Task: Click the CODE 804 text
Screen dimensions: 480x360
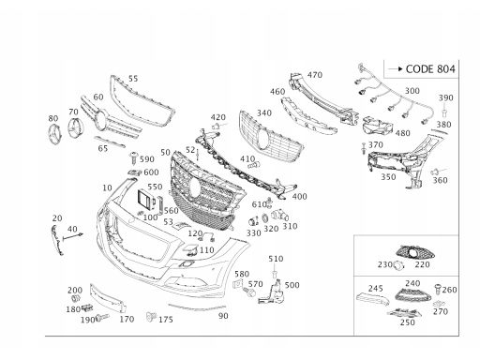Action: [x=430, y=69]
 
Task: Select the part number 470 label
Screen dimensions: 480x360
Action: [x=315, y=75]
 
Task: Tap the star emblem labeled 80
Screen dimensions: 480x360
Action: [x=55, y=134]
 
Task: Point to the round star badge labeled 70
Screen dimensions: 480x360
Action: [x=74, y=127]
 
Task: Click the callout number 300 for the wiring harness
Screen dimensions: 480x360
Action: [x=412, y=91]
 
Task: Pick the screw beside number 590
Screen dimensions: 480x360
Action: [x=134, y=157]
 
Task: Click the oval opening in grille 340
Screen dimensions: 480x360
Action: [x=262, y=140]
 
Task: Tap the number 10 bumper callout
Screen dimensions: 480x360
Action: [x=107, y=187]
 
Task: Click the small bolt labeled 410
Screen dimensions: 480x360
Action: [x=254, y=165]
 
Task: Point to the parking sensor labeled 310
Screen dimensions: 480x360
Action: [x=278, y=216]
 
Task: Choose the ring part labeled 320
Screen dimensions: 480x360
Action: [x=264, y=218]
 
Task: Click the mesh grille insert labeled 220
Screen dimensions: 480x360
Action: [x=415, y=252]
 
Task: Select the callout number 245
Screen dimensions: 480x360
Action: [x=375, y=288]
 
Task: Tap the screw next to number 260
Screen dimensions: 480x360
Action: [x=438, y=289]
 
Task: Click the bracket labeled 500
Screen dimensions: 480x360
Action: [x=271, y=293]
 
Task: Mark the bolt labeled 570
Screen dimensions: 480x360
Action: [x=250, y=292]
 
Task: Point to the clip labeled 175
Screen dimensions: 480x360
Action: [x=151, y=317]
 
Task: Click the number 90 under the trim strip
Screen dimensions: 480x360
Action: [x=223, y=316]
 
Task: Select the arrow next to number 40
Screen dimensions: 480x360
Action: [x=73, y=236]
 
